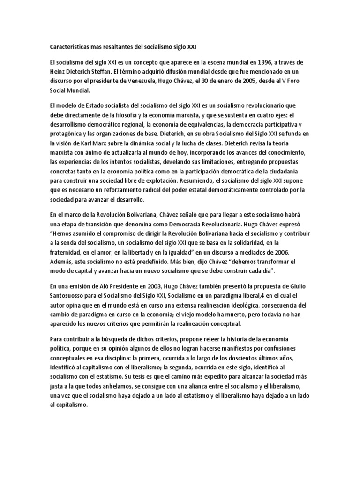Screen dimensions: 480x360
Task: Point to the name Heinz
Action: (x=59, y=72)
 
